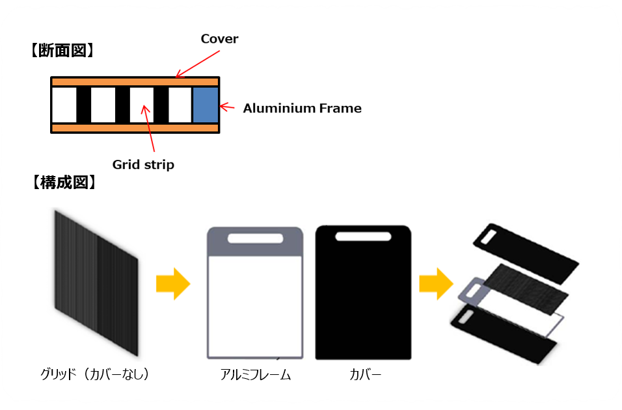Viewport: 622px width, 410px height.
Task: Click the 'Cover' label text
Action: click(x=219, y=39)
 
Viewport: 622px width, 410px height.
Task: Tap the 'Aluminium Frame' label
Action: click(x=302, y=109)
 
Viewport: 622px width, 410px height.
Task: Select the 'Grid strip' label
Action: click(x=143, y=164)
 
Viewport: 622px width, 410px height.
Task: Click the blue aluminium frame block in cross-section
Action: click(x=206, y=105)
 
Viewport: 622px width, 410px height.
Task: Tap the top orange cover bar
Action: click(x=135, y=82)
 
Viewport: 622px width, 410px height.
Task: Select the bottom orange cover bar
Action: click(x=135, y=128)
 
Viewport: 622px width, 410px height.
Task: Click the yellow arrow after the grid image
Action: click(x=172, y=284)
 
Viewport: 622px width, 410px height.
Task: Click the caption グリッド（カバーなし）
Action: click(x=95, y=374)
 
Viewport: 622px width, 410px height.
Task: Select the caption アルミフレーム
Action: click(x=255, y=375)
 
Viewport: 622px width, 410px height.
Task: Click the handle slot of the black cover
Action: click(x=364, y=237)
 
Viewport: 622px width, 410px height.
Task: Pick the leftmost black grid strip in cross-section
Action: click(x=84, y=105)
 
